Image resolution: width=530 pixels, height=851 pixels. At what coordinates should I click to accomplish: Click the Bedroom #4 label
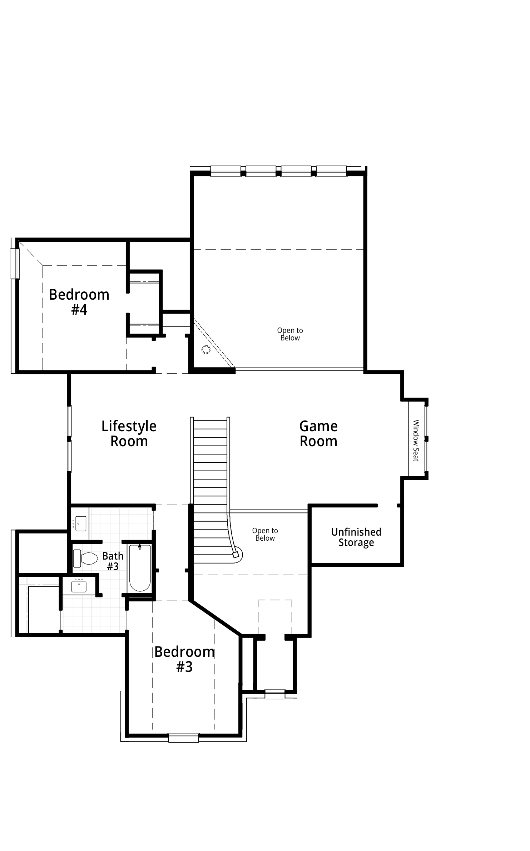79,302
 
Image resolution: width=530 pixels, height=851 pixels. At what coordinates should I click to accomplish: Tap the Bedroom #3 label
184,659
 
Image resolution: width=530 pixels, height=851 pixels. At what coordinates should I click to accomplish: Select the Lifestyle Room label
129,434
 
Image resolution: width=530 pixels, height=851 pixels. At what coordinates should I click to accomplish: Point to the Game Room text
318,434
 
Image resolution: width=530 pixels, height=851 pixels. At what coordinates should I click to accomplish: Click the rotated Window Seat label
416,441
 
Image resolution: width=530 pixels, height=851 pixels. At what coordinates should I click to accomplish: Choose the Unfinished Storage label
356,537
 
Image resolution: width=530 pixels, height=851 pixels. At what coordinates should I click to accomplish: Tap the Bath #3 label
113,561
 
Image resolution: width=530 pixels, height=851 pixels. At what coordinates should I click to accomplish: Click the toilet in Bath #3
85,559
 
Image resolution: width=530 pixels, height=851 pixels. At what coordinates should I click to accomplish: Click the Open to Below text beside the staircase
265,535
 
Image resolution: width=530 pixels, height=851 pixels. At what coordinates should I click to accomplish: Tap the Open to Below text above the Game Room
290,334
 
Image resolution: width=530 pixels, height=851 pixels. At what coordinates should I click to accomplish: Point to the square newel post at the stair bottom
235,555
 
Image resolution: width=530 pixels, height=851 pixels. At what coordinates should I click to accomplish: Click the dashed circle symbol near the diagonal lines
206,350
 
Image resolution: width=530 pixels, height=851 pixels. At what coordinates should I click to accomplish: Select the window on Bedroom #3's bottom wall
184,738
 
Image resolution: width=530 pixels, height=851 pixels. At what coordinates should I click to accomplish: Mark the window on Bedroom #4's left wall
15,264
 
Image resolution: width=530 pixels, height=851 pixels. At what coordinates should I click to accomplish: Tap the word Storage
356,543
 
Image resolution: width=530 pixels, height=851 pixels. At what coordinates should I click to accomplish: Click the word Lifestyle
129,426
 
